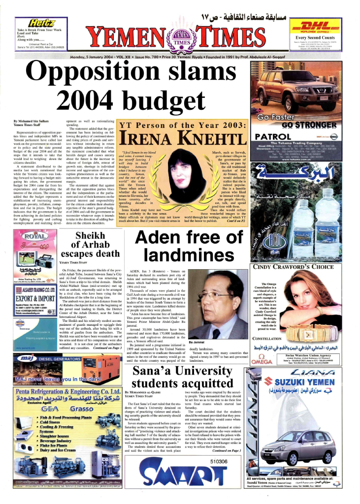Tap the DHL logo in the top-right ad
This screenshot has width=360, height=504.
[315, 27]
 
